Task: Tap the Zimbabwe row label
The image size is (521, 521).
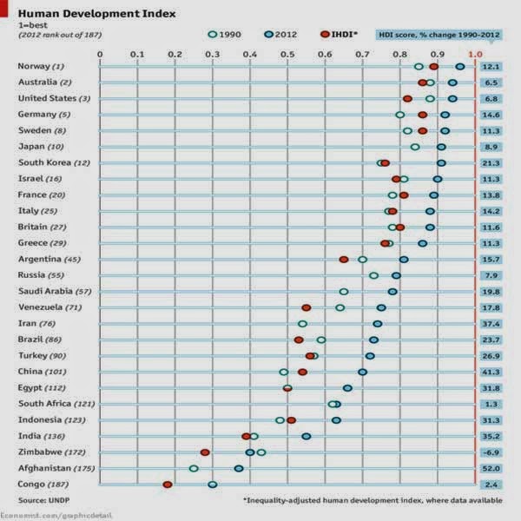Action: click(45, 452)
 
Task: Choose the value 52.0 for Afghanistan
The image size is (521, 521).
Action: click(492, 469)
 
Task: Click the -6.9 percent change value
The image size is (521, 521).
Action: click(492, 452)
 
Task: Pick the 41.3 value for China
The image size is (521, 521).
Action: click(492, 372)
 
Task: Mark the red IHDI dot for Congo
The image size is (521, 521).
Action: click(168, 485)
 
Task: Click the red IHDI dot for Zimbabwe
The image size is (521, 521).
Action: click(205, 452)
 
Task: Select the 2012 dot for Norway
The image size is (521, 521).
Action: click(459, 66)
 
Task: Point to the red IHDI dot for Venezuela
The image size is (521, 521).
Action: click(306, 307)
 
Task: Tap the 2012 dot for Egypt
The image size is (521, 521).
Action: click(347, 388)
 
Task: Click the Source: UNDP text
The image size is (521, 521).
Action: click(43, 501)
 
